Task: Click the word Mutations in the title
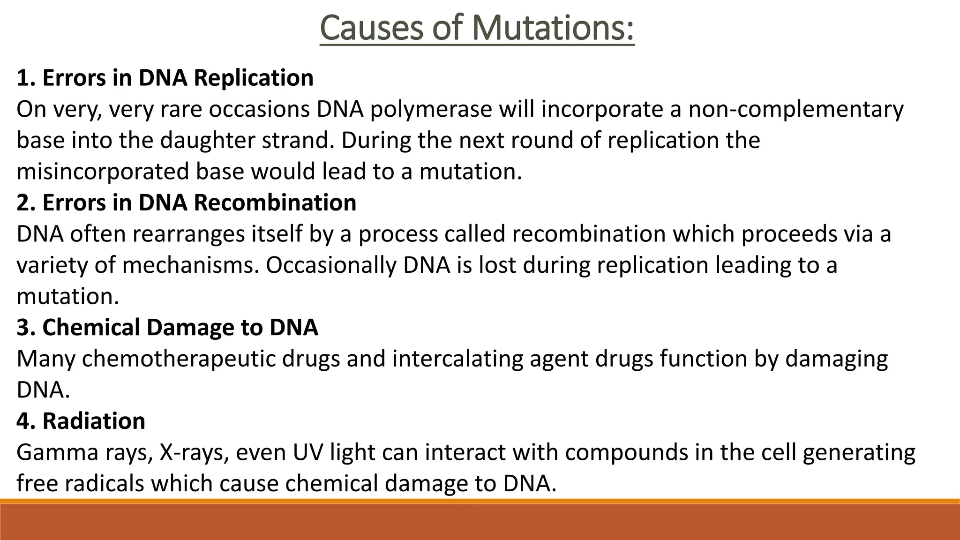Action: [x=553, y=28]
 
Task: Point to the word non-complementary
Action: [x=795, y=109]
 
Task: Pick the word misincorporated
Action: [x=103, y=172]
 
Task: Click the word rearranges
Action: [x=188, y=234]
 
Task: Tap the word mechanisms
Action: [x=190, y=265]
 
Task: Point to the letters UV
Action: [x=307, y=452]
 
